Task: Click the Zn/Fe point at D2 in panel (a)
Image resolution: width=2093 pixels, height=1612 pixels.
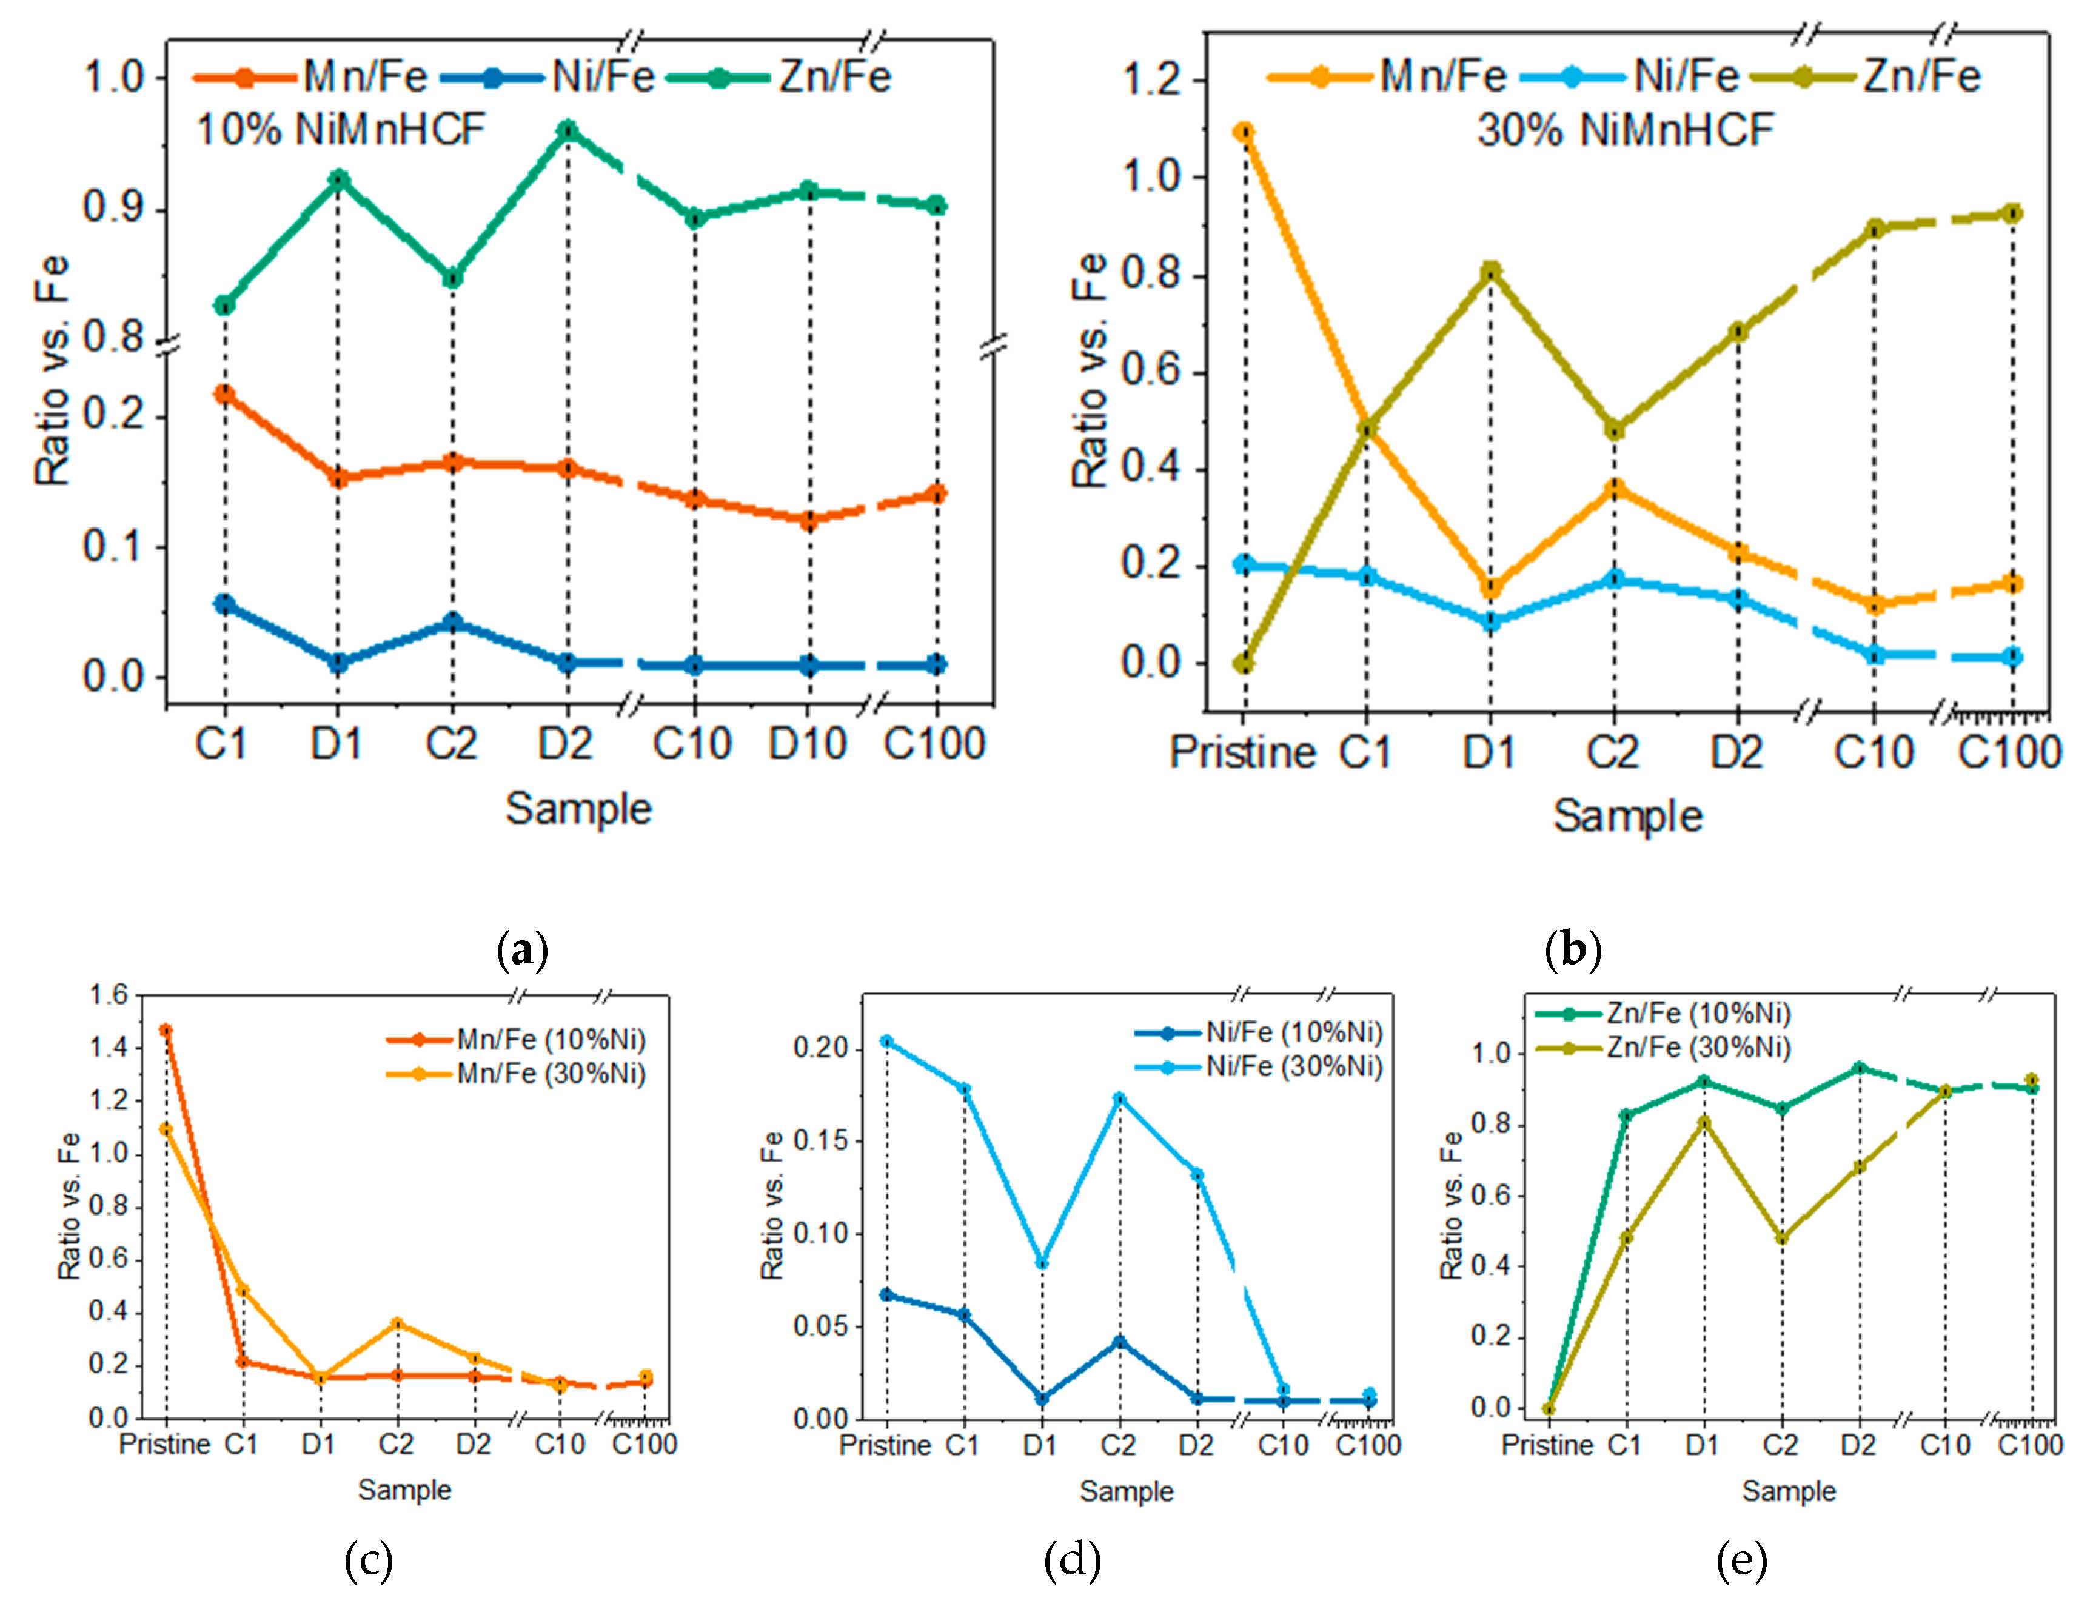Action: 568,129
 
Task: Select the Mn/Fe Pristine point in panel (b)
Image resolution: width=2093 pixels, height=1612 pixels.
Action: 1244,132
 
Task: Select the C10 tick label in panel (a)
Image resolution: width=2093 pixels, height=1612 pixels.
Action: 692,744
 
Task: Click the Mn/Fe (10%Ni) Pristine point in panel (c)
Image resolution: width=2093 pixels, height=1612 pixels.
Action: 166,1030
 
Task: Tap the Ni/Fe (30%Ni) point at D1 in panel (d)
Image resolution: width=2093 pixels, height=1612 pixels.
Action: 1042,1263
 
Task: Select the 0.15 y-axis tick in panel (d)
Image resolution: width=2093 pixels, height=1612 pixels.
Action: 819,1140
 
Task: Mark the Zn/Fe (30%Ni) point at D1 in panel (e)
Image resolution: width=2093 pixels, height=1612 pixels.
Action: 1704,1122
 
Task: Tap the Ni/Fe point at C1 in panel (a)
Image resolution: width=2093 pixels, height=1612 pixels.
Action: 224,604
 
